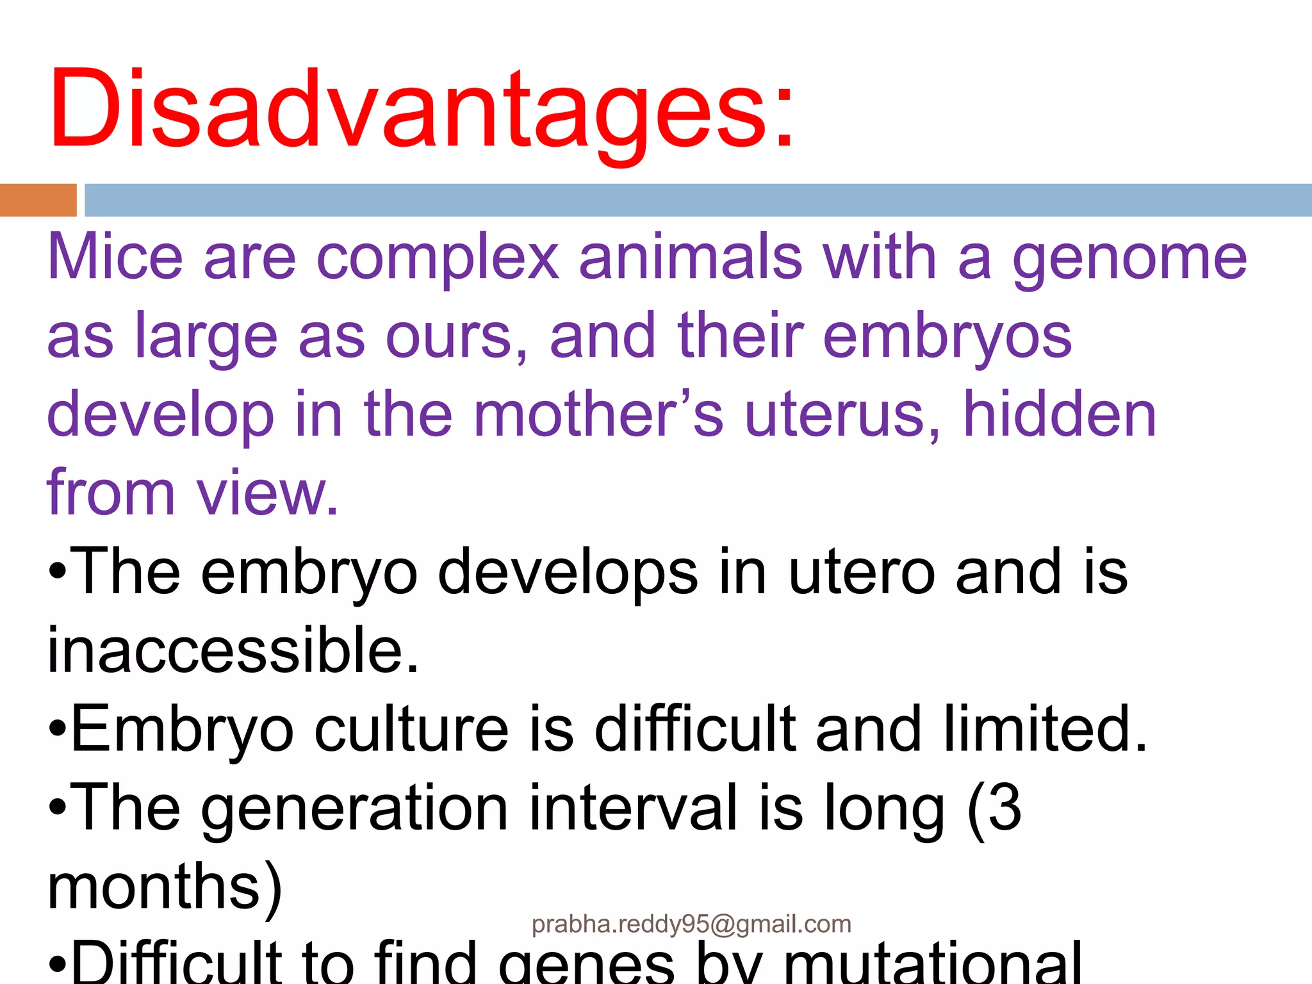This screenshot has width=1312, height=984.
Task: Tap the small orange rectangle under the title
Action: click(x=38, y=200)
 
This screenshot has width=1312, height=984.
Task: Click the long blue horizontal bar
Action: click(x=697, y=200)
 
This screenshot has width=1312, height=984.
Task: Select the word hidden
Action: click(x=1060, y=415)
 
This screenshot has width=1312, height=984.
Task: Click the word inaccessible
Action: click(x=233, y=650)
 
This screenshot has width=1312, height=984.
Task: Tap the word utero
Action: click(x=861, y=572)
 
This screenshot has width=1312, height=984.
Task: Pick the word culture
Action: click(x=411, y=729)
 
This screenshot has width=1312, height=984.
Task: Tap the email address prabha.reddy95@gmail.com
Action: click(x=691, y=924)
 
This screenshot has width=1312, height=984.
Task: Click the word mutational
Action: click(x=933, y=964)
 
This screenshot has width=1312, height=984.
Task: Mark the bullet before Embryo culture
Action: click(x=58, y=729)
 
